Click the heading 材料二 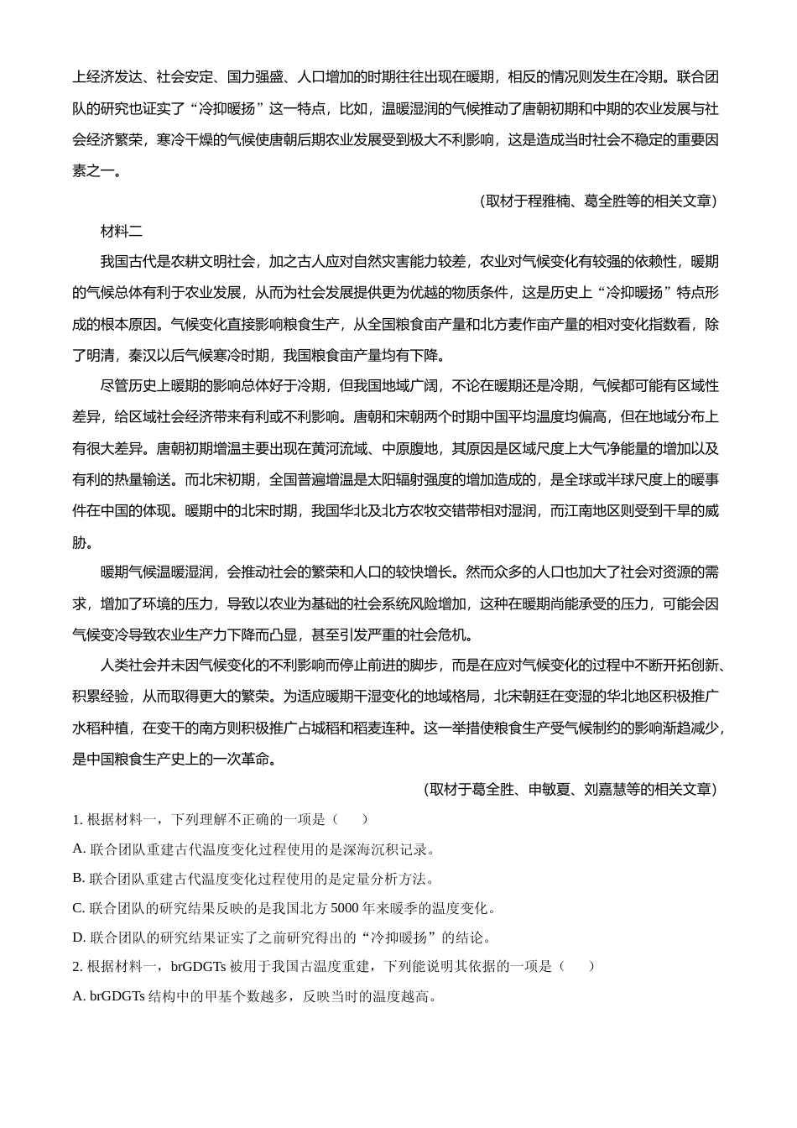122,231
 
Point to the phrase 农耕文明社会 213,261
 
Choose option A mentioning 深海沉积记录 254,849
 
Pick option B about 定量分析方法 254,878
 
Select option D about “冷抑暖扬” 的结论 282,937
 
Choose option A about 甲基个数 254,996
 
